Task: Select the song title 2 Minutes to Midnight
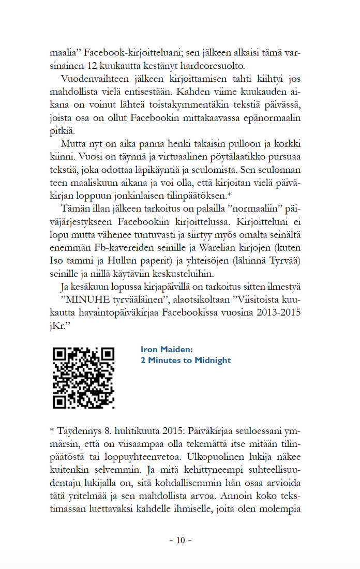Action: tap(186, 361)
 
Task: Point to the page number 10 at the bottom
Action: tap(180, 541)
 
